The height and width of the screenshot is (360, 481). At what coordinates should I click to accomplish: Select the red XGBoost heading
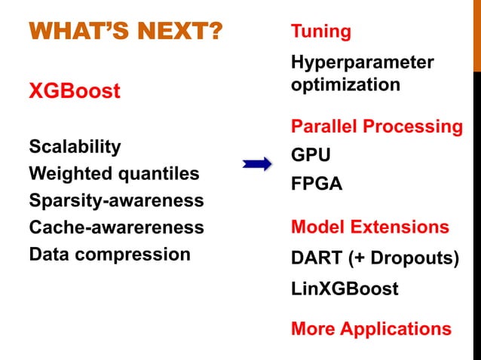(74, 92)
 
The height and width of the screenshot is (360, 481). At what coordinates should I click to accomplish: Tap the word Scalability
(75, 146)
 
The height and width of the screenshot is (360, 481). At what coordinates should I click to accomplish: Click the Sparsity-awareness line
(116, 201)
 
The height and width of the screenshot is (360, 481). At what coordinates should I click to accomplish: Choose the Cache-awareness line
(116, 227)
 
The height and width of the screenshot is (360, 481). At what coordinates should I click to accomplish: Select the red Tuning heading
(320, 32)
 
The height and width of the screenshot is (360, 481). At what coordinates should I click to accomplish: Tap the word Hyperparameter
(362, 63)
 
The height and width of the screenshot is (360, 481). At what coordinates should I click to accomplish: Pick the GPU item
(311, 155)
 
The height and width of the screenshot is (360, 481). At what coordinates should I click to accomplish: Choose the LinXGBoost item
(345, 288)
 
